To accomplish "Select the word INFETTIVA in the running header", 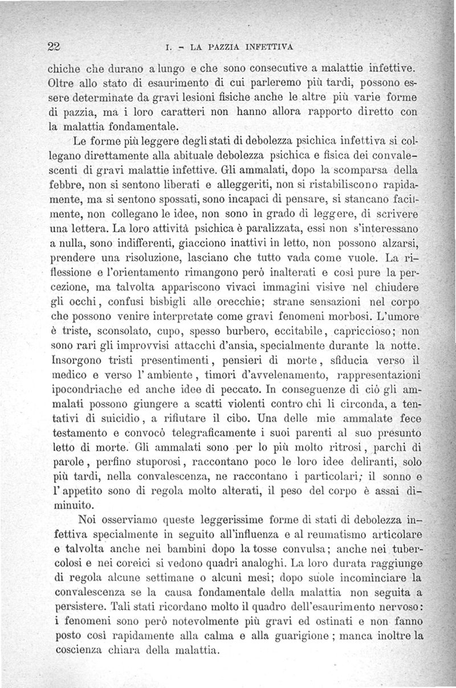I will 270,47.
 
